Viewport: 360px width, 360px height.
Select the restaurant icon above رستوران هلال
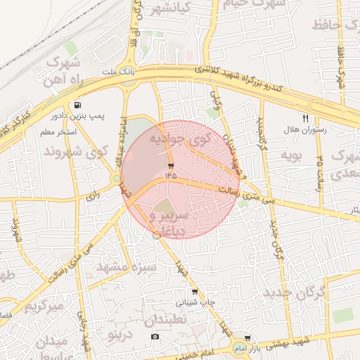pos(305,118)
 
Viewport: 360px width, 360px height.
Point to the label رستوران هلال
pos(302,130)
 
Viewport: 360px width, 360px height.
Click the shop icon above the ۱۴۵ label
pos(172,167)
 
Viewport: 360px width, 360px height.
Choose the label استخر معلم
pos(58,131)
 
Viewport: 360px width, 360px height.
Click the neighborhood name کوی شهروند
pos(76,151)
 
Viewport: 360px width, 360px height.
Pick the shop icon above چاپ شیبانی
pos(195,292)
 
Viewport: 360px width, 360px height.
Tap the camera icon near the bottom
pos(155,337)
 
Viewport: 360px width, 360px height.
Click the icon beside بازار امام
pos(247,339)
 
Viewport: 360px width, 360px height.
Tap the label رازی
pos(92,198)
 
